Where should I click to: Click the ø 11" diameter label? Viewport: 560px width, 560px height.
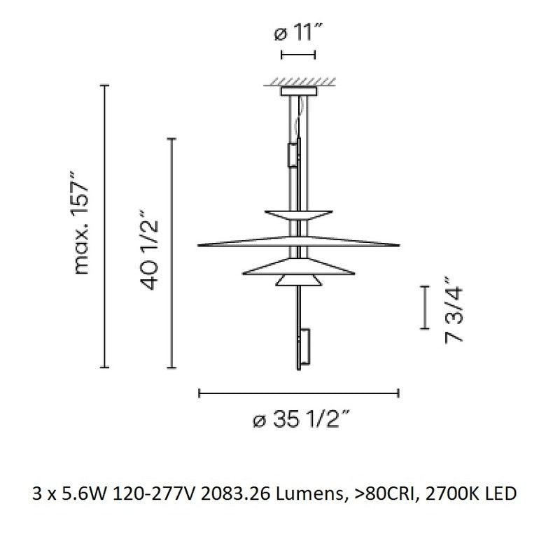(298, 32)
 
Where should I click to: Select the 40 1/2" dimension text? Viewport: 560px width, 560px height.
(149, 251)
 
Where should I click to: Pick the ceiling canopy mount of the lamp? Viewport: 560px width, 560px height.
(298, 91)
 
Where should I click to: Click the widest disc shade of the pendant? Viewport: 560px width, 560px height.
(299, 243)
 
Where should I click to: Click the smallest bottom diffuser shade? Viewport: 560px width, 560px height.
(299, 280)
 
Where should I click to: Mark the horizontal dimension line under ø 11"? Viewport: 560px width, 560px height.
(298, 54)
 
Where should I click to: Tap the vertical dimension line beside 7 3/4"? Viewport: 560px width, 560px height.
(423, 307)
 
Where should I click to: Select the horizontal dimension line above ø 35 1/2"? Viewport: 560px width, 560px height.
(299, 394)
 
